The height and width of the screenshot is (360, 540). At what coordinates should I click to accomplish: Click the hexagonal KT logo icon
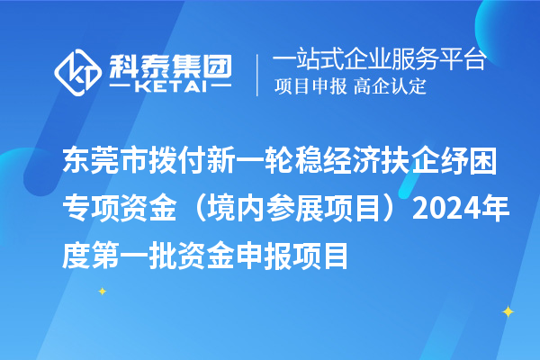[77, 71]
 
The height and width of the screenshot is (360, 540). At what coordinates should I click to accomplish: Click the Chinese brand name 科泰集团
[170, 63]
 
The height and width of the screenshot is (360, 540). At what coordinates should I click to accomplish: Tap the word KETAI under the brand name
[169, 86]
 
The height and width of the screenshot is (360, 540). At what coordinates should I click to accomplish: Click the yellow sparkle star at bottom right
[508, 311]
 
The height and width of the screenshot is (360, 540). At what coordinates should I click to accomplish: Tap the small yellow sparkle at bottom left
[102, 291]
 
